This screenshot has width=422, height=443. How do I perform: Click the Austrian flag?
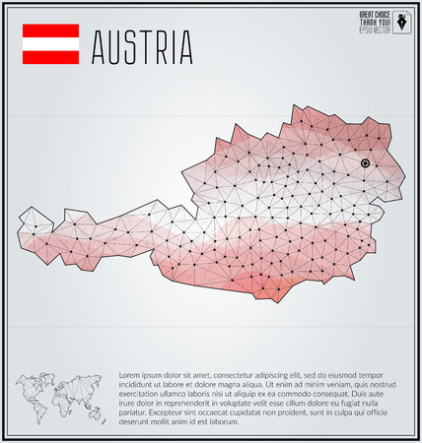[50, 45]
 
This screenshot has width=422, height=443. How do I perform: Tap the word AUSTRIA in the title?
[142, 46]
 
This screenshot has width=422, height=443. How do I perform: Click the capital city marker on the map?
[365, 162]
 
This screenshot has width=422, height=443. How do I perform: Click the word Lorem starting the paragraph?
[131, 376]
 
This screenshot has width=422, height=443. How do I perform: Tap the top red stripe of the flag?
[50, 32]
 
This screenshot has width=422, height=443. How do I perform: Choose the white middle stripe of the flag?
[50, 45]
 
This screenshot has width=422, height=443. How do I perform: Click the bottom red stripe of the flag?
[50, 58]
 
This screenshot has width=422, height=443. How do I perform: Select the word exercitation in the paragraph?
[143, 395]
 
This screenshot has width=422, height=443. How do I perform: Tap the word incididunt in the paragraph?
[140, 386]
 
